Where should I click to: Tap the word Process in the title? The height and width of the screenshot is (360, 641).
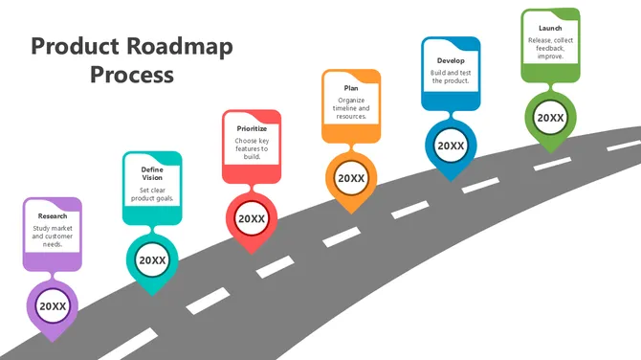tap(132, 75)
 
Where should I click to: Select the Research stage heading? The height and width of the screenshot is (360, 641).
tap(53, 216)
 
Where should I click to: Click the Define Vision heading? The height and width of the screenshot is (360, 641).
tap(152, 171)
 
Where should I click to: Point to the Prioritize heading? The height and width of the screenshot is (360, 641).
tap(252, 128)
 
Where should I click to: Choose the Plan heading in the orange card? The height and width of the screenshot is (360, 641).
tap(351, 88)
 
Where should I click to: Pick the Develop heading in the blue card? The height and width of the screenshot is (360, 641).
tap(450, 60)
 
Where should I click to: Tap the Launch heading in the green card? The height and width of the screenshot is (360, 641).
tap(550, 28)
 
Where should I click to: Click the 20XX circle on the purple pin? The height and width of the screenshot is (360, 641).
tap(53, 306)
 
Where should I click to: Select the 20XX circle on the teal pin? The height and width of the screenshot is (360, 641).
tap(152, 259)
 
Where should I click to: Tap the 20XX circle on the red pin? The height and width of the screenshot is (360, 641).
tap(252, 218)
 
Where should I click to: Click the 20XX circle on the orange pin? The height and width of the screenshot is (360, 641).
tap(351, 178)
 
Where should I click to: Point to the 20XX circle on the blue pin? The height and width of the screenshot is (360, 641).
tap(451, 146)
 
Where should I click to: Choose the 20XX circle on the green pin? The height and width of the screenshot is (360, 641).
tap(550, 118)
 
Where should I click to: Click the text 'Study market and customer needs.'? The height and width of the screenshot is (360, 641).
tap(53, 236)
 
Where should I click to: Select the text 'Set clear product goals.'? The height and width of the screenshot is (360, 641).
tap(152, 194)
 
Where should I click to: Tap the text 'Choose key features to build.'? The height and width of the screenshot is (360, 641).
tap(252, 148)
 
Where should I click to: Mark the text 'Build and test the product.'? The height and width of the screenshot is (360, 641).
tap(450, 77)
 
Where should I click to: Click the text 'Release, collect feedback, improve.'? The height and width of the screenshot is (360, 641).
tap(550, 49)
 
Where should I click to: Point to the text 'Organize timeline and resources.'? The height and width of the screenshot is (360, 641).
tap(351, 108)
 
